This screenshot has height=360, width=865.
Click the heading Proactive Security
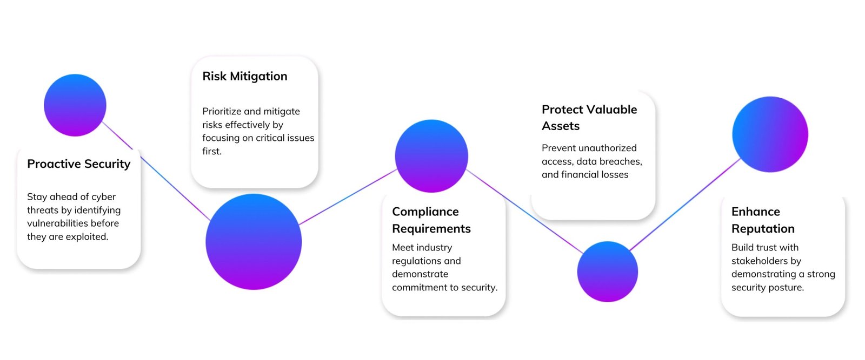[x=79, y=164]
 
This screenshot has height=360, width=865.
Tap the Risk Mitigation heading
[x=245, y=76]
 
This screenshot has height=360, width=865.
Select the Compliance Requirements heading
[x=431, y=220]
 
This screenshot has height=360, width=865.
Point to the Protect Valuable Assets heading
[x=589, y=118]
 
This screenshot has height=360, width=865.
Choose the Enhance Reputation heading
[x=763, y=220]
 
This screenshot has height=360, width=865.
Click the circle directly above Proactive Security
[x=75, y=105]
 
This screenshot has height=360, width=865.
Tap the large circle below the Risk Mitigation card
[x=254, y=242]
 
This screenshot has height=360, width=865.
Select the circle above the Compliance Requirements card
[x=431, y=156]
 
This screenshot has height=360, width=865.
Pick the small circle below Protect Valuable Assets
[x=608, y=271]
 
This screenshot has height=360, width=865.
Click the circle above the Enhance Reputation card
[x=770, y=134]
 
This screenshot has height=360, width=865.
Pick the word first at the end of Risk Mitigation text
[x=212, y=152]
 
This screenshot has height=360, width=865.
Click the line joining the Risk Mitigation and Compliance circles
[x=348, y=196]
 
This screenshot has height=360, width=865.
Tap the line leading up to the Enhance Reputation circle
[x=684, y=205]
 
